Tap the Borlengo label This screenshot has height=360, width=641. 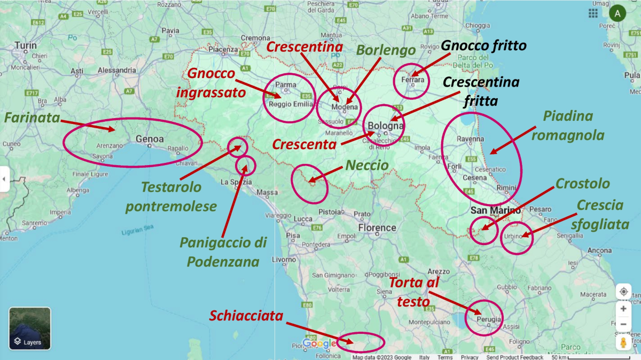tap(386, 51)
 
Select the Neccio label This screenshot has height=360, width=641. tap(367, 166)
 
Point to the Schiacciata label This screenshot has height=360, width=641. tap(246, 316)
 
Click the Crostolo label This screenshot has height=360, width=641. tap(582, 184)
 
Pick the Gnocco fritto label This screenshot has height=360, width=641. tap(484, 46)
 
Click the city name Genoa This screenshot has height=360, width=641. tap(150, 139)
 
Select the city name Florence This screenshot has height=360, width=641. tap(377, 228)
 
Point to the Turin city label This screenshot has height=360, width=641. tap(26, 45)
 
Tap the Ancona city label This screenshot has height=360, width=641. tap(599, 250)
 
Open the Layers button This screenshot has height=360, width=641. tap(30, 328)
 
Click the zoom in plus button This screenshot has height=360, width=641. tap(623, 308)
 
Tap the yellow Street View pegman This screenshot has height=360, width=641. tap(623, 342)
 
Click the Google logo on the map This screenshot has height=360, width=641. tap(320, 343)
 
